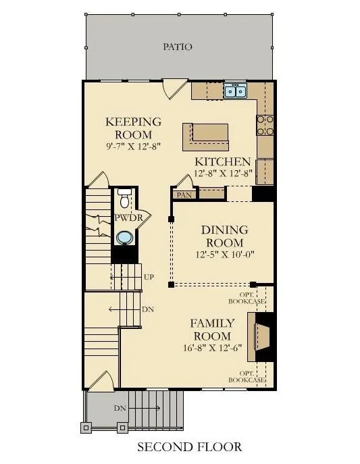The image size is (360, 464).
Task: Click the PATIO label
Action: click(x=178, y=47)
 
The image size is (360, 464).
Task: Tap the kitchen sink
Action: click(x=235, y=91)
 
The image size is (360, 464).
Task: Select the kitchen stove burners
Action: click(x=265, y=125)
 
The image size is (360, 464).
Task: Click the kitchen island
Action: click(x=205, y=137)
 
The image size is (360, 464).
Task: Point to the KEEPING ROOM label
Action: click(x=134, y=128)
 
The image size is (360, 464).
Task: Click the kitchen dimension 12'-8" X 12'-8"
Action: click(x=223, y=173)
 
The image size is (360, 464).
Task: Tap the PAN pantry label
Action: click(x=184, y=195)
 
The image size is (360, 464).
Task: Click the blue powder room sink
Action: click(x=124, y=238)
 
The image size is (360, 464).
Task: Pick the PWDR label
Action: click(x=128, y=217)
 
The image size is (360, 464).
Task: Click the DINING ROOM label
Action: click(x=224, y=236)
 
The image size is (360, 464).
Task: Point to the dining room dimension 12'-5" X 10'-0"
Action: click(x=225, y=254)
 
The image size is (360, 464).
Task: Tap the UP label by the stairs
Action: click(x=149, y=277)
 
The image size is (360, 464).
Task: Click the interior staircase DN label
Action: click(x=148, y=309)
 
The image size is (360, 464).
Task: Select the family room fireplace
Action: click(x=262, y=337)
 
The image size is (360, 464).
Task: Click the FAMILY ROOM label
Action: click(x=212, y=330)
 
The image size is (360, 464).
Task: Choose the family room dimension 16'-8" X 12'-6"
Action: click(x=212, y=348)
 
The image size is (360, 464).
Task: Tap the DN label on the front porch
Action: click(x=120, y=409)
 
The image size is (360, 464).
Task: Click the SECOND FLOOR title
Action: click(x=190, y=446)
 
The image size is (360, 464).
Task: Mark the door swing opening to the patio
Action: click(x=175, y=88)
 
